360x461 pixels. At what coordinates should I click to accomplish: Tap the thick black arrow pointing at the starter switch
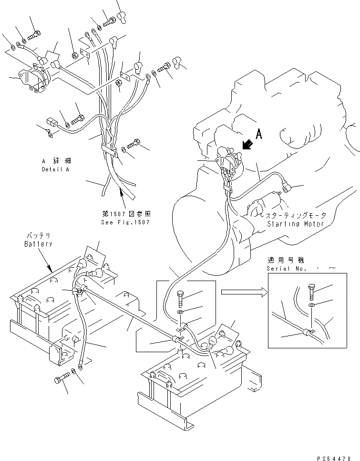[247, 143]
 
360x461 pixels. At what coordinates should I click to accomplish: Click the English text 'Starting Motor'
[296, 224]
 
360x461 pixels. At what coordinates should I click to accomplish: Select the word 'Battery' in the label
[38, 244]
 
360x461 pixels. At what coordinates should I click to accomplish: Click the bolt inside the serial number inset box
[310, 291]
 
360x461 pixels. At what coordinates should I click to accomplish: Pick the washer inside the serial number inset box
[311, 304]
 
